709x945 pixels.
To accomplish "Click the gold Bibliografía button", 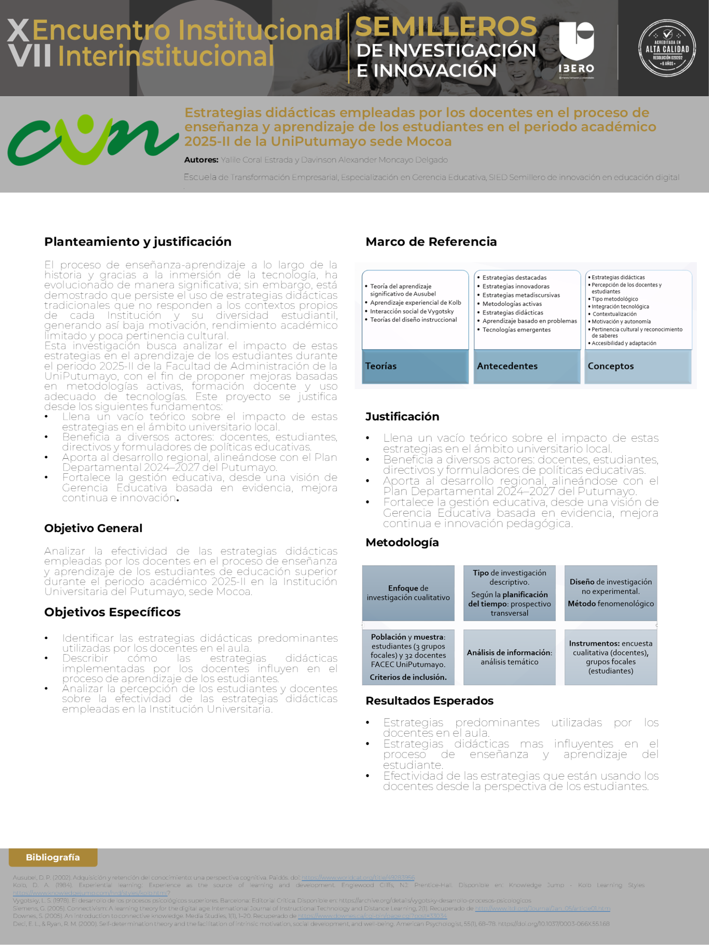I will coord(53,857).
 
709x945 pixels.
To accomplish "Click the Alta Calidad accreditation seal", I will coord(667,48).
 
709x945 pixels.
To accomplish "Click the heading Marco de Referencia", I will coord(431,242).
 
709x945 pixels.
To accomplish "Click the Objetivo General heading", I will coord(93,528).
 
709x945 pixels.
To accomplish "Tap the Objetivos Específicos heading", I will coord(112,612).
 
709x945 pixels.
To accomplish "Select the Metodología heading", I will coord(402,543).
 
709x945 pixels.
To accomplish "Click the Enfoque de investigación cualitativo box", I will coord(408,593).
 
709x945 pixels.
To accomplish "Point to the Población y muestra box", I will coord(408,657).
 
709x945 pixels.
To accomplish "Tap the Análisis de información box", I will coord(510,657).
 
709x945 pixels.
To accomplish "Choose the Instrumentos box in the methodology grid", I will coord(611,657).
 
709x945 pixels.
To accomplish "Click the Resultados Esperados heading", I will coord(429,701).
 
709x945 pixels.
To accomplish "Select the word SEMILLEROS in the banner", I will coord(446,27).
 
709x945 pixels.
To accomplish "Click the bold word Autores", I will coord(201,160).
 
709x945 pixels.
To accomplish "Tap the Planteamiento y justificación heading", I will coord(138,242).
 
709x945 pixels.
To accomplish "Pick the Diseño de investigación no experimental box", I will coord(611,593).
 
